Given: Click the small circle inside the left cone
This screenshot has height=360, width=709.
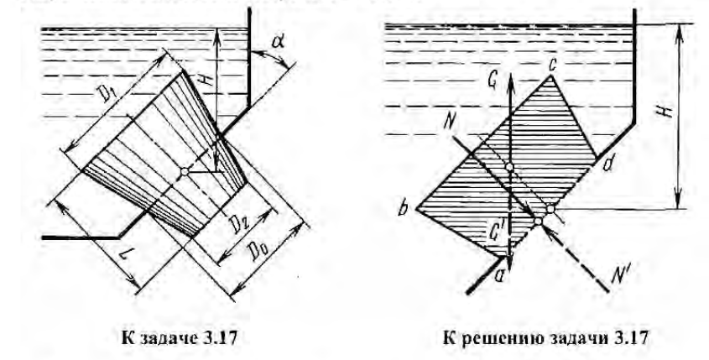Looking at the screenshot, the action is coord(183,172).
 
